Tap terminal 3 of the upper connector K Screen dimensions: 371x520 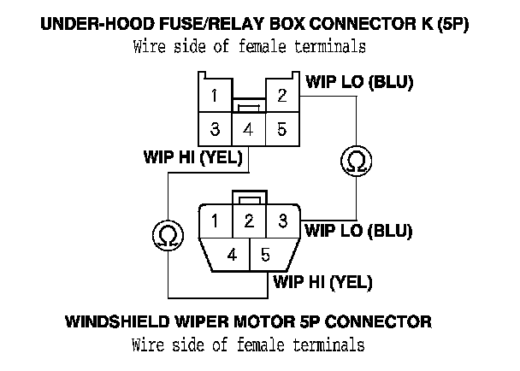[x=216, y=131]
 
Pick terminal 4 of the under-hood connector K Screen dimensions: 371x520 [x=248, y=131]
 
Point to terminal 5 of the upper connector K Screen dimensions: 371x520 [x=281, y=131]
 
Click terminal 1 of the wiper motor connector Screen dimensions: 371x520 [x=216, y=221]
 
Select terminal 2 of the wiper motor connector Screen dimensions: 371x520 [x=248, y=221]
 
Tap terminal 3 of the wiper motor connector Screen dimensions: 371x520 [x=281, y=221]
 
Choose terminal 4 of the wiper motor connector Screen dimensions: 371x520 [x=232, y=255]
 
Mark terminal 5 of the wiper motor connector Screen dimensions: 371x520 [x=265, y=255]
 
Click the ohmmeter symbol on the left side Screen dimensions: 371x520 [x=168, y=233]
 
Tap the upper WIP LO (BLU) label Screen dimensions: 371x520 [x=359, y=83]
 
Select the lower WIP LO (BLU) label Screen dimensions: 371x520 [x=359, y=230]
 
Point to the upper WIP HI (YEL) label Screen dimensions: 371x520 [x=193, y=157]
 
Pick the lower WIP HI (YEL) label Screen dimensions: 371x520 [x=322, y=280]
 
